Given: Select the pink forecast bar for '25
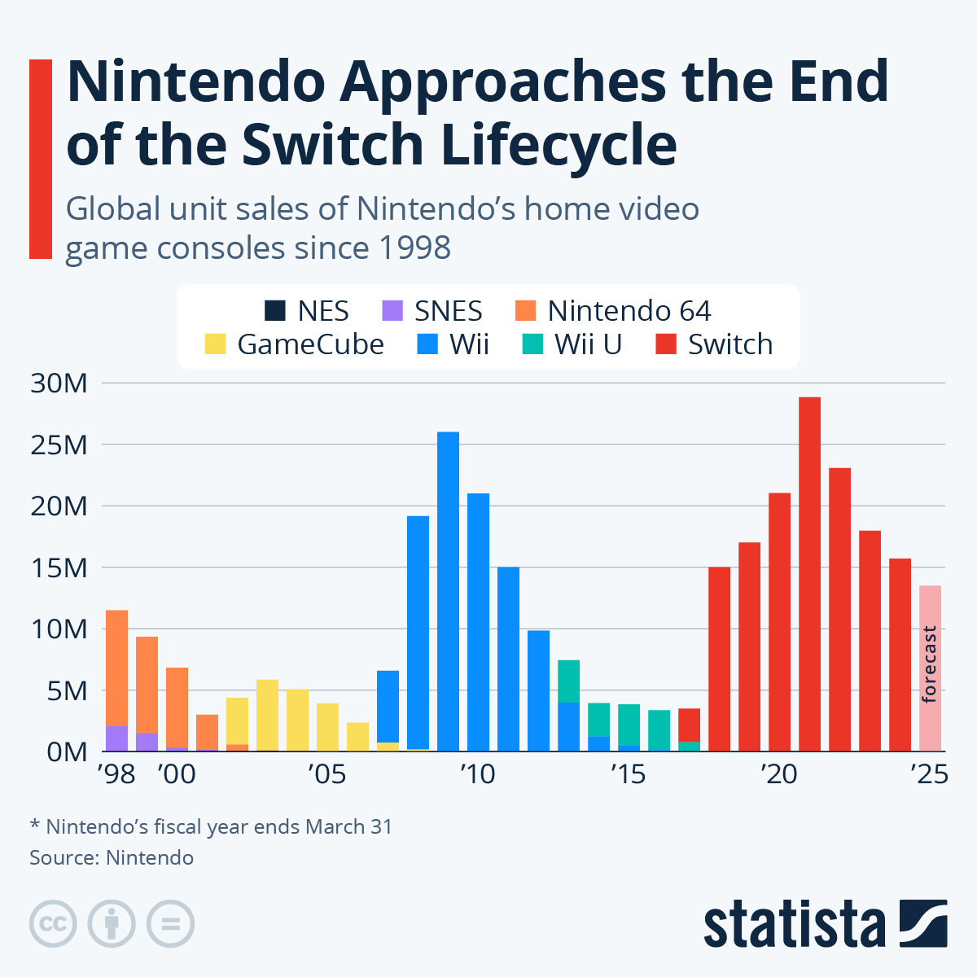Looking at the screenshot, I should point(930,668).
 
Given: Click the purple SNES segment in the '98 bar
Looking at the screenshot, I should point(116,738).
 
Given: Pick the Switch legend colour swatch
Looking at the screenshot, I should point(666,344).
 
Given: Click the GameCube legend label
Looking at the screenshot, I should point(310,344).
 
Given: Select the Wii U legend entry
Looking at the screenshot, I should point(588,344).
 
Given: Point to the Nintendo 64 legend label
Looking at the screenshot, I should point(629,311).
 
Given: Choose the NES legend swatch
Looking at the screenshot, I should point(275,311).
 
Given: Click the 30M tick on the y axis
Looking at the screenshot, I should point(59,383).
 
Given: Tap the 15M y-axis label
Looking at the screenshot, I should point(59,568).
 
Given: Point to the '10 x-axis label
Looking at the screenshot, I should point(477,773).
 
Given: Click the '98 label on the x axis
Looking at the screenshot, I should point(116,773).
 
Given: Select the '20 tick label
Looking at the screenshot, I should point(778,773).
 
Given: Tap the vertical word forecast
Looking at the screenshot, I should point(929,664).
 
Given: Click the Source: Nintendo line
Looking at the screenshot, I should point(112,857).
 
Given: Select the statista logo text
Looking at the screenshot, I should point(794,924).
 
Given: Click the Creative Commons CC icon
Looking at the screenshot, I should point(53,924).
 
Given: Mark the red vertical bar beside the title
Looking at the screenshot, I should point(41,159).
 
